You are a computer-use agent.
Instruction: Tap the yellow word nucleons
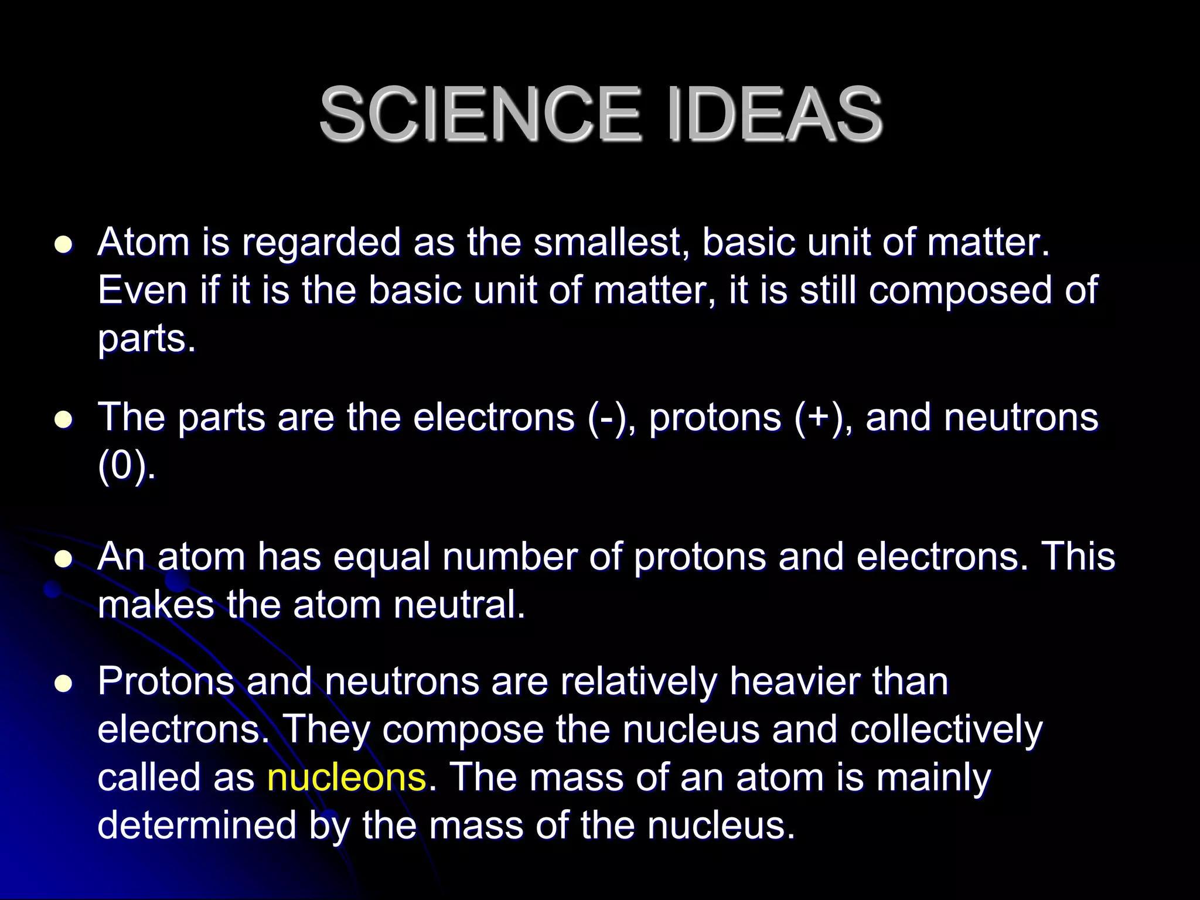click(346, 778)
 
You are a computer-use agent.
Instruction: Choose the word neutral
click(459, 605)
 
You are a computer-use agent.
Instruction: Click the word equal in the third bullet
click(382, 557)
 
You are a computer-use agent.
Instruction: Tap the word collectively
click(946, 729)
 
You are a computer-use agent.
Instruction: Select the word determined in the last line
click(197, 826)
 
